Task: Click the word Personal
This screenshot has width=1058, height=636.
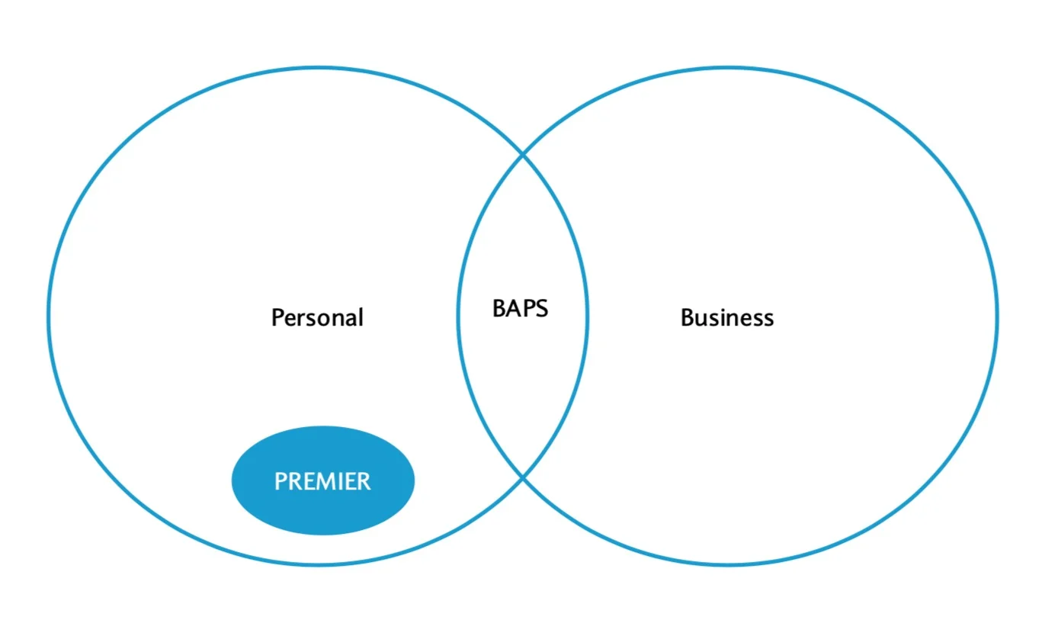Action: (x=317, y=317)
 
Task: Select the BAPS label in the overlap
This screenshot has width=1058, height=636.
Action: (x=520, y=309)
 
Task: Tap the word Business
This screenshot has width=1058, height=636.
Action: (x=727, y=317)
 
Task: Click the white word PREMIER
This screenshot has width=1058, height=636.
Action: (x=322, y=481)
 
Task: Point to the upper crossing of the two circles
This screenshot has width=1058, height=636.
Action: (x=522, y=153)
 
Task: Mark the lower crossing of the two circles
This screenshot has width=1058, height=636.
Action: (x=522, y=478)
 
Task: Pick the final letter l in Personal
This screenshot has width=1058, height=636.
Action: (x=361, y=317)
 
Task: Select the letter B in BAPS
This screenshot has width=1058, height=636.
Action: (x=499, y=309)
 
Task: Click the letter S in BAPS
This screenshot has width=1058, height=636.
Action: (x=542, y=309)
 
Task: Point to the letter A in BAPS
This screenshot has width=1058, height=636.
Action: (x=514, y=309)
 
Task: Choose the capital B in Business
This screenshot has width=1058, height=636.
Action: (x=688, y=317)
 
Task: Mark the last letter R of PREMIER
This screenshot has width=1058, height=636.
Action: (x=364, y=481)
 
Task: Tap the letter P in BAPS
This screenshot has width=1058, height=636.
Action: (x=528, y=309)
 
